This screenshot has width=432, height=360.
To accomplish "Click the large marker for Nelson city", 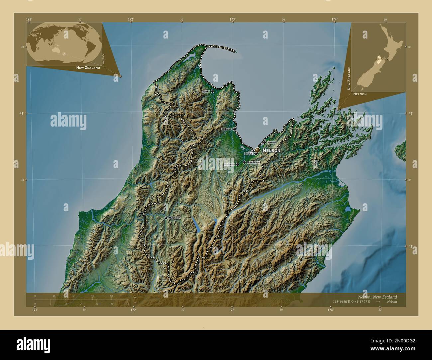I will pyautogui.click(x=257, y=150).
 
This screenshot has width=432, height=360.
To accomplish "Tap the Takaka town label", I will pyautogui.click(x=206, y=91).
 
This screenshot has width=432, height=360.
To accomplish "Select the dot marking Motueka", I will pyautogui.click(x=234, y=129).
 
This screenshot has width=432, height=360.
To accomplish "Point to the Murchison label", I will pyautogui.click(x=174, y=218).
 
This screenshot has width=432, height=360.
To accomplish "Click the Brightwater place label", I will pyautogui.click(x=254, y=162).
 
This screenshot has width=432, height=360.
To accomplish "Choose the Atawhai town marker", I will pyautogui.click(x=265, y=142).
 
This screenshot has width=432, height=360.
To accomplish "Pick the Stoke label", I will pyautogui.click(x=249, y=154).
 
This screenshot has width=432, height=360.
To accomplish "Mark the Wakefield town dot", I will pyautogui.click(x=237, y=164).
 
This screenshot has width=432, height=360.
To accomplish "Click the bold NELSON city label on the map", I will pyautogui.click(x=271, y=150).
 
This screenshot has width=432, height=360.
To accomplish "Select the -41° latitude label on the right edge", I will pyautogui.click(x=410, y=113).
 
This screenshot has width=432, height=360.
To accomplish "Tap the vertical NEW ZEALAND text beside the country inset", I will pyautogui.click(x=349, y=78).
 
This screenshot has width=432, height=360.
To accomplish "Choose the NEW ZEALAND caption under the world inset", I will pyautogui.click(x=88, y=68).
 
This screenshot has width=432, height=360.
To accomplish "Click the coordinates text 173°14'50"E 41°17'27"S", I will pyautogui.click(x=352, y=302).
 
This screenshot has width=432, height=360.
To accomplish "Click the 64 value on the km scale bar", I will pyautogui.click(x=112, y=296).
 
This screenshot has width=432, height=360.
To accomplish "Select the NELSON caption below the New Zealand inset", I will pyautogui.click(x=360, y=94).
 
